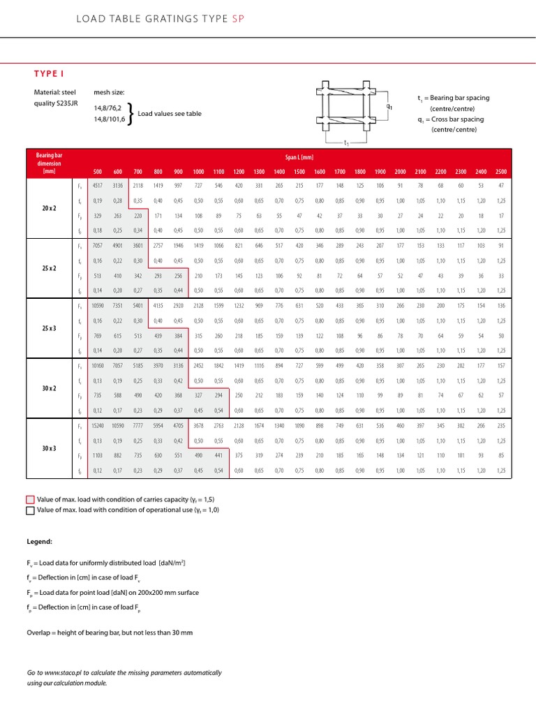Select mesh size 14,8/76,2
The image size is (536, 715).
(107, 108)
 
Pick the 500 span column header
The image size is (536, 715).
(97, 172)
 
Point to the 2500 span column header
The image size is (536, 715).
(501, 172)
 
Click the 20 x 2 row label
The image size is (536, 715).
(49, 208)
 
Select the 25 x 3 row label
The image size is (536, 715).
(49, 327)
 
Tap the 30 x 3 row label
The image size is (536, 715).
(49, 447)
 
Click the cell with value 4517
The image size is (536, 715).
(97, 185)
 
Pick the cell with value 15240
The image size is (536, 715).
(97, 425)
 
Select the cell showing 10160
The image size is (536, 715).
(97, 365)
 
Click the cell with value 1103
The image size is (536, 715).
(97, 455)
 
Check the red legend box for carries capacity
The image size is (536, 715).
(30, 499)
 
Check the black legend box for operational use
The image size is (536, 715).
(30, 510)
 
